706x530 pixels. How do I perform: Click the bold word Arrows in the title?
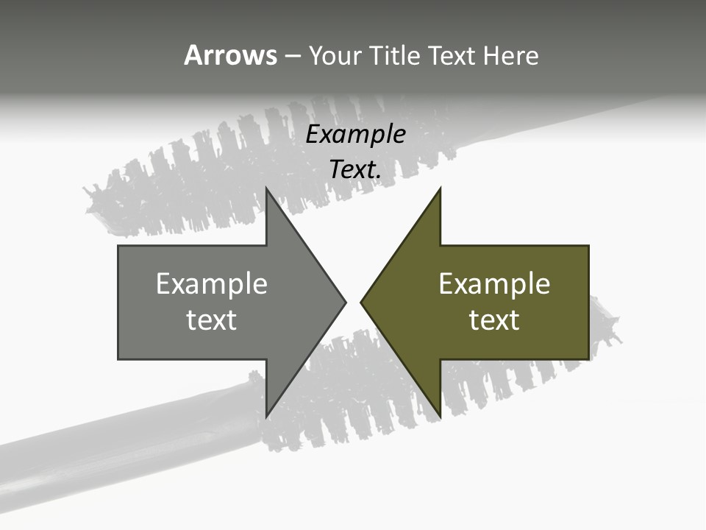click(x=231, y=55)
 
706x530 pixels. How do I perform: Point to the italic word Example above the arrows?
click(x=356, y=135)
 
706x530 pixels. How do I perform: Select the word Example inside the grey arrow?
click(x=212, y=283)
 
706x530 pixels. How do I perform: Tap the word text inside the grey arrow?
click(x=212, y=320)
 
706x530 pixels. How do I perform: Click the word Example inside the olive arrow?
click(x=494, y=283)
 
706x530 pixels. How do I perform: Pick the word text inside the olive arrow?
click(x=494, y=320)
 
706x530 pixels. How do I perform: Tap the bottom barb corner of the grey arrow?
click(x=267, y=416)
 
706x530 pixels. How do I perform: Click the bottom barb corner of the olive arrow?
click(x=440, y=416)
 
